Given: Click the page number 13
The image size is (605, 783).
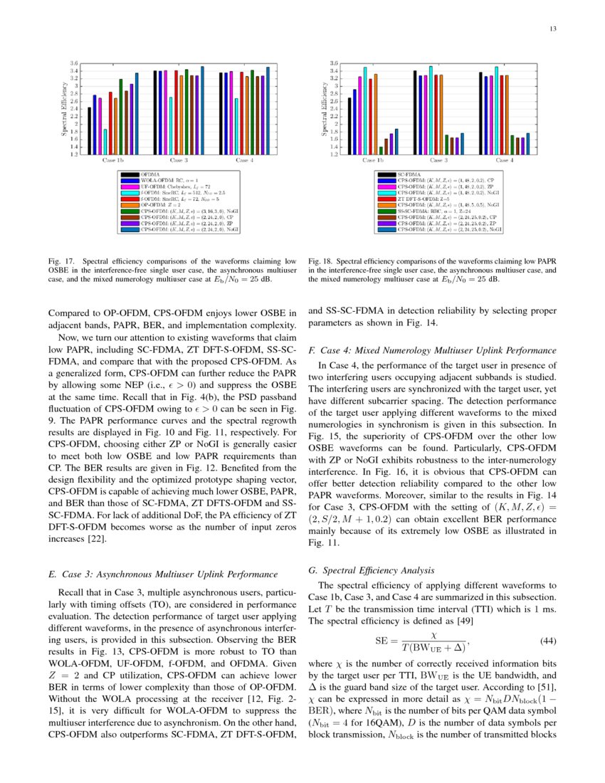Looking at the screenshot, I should click(x=552, y=28).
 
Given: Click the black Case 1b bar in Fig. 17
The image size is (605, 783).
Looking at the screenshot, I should click(x=90, y=130).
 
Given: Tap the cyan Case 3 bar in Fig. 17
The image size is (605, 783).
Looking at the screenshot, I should click(x=171, y=125).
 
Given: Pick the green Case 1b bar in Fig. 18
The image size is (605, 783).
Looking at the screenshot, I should click(x=381, y=150).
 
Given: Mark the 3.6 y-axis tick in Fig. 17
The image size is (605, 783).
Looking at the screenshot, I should click(x=74, y=63).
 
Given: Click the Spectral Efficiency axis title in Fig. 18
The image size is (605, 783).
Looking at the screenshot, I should click(x=324, y=109).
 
